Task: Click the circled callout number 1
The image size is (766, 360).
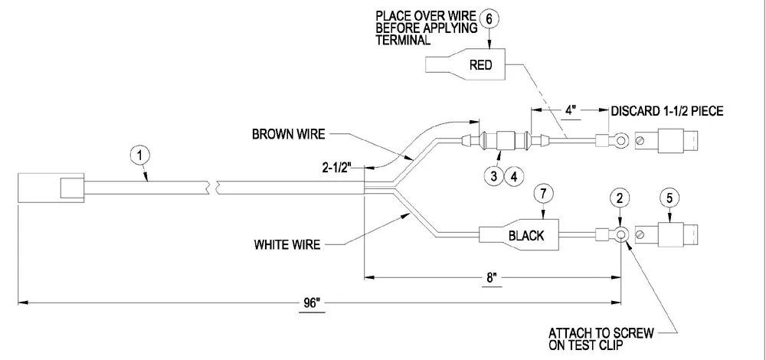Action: point(140,156)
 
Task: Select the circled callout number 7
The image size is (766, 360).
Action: point(544,194)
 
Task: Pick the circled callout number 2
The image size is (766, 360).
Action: point(620,198)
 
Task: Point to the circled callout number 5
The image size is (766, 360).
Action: point(669,198)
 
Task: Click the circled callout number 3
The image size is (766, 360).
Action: point(493,176)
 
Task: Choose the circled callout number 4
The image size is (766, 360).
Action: point(514,176)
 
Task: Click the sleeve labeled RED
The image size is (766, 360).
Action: point(466,65)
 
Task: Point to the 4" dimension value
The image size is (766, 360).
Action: point(571,110)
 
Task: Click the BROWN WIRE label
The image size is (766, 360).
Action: point(288,134)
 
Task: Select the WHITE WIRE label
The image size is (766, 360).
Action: point(287,244)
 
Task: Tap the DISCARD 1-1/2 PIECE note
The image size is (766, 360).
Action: point(667,111)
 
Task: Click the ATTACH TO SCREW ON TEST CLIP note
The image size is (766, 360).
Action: point(601,339)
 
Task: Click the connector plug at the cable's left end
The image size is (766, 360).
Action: point(52,187)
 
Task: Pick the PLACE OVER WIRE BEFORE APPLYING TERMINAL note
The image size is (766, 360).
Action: point(427,28)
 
